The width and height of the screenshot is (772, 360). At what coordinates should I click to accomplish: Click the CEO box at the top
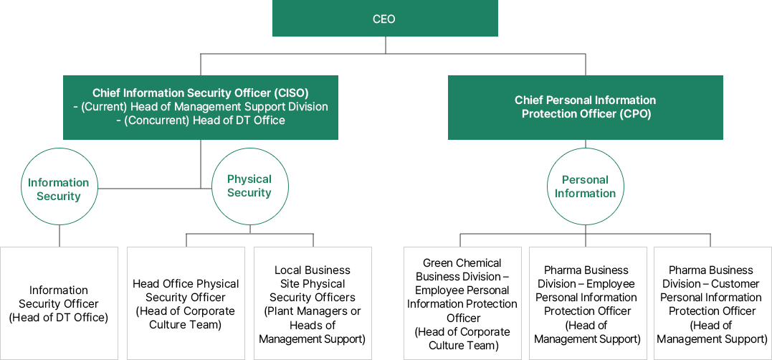coord(385,19)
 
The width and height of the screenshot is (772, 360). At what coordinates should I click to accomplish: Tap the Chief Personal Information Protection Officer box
coord(585,107)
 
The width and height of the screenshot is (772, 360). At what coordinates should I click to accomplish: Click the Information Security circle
coord(59,189)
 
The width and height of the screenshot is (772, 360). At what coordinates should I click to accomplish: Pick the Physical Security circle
coord(249,186)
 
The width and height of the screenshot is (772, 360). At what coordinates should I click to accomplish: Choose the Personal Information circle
coord(585,186)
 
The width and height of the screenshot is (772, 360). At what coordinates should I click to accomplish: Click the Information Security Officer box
coord(59,303)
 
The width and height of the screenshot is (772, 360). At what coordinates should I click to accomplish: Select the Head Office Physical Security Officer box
coord(186,303)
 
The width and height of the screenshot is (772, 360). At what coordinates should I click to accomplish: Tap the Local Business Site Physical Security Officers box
coord(313,303)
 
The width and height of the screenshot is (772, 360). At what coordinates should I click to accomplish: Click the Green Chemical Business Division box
coord(463,303)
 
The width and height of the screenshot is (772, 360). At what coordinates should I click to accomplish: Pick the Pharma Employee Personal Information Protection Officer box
coord(587,303)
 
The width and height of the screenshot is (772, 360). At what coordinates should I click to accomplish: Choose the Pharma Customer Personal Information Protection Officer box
coord(712,303)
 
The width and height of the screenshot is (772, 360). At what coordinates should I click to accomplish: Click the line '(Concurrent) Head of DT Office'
coord(201,120)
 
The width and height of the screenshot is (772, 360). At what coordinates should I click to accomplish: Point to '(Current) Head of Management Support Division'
coord(201,107)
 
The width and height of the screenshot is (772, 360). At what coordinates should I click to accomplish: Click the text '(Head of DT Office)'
coord(59,318)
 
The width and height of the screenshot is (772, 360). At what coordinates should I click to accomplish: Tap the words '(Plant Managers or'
coord(313,311)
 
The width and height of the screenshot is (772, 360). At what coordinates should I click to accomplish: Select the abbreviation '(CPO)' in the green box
coord(635,114)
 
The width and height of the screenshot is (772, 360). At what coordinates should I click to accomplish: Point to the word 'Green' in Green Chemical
coord(438,263)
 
